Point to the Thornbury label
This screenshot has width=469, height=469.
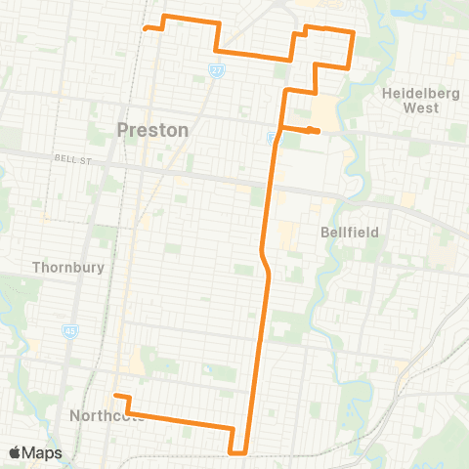click(61, 266)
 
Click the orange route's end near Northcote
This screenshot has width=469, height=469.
click(115, 396)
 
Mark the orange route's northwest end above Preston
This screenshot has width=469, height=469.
click(146, 28)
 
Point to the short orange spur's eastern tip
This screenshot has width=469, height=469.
click(318, 132)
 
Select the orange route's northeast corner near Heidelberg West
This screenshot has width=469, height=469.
click(352, 33)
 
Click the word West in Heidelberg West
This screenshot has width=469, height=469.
click(421, 107)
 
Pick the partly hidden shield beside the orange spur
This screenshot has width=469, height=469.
click(272, 138)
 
